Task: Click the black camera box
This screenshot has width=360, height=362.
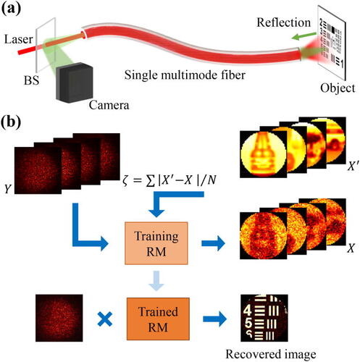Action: coord(75,83)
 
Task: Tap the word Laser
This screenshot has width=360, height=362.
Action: coord(19,39)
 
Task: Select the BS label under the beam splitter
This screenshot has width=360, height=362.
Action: coord(31,80)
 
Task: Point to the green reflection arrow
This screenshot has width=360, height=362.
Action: coord(304,36)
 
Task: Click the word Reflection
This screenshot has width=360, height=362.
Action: coord(283,22)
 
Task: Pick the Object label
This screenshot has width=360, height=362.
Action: coord(338,88)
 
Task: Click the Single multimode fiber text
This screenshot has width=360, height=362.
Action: coord(185,75)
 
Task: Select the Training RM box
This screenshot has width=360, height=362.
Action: coord(156,243)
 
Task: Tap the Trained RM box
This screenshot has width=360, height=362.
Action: coord(158,319)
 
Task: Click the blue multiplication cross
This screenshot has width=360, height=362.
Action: coord(104,319)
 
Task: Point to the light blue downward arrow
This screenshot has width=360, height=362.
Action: coord(156,281)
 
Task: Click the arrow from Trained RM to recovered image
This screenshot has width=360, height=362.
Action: coord(215,319)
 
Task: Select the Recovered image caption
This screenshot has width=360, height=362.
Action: coord(271,355)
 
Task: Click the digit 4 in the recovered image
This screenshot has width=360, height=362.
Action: coord(247,310)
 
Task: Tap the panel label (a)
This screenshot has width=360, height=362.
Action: coord(11,9)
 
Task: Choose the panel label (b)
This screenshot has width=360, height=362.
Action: coord(11,122)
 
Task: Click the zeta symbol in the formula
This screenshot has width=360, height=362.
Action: coord(125,180)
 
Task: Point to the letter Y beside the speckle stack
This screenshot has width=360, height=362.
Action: coord(8,188)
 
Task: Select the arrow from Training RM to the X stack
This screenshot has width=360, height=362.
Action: coord(213,243)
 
